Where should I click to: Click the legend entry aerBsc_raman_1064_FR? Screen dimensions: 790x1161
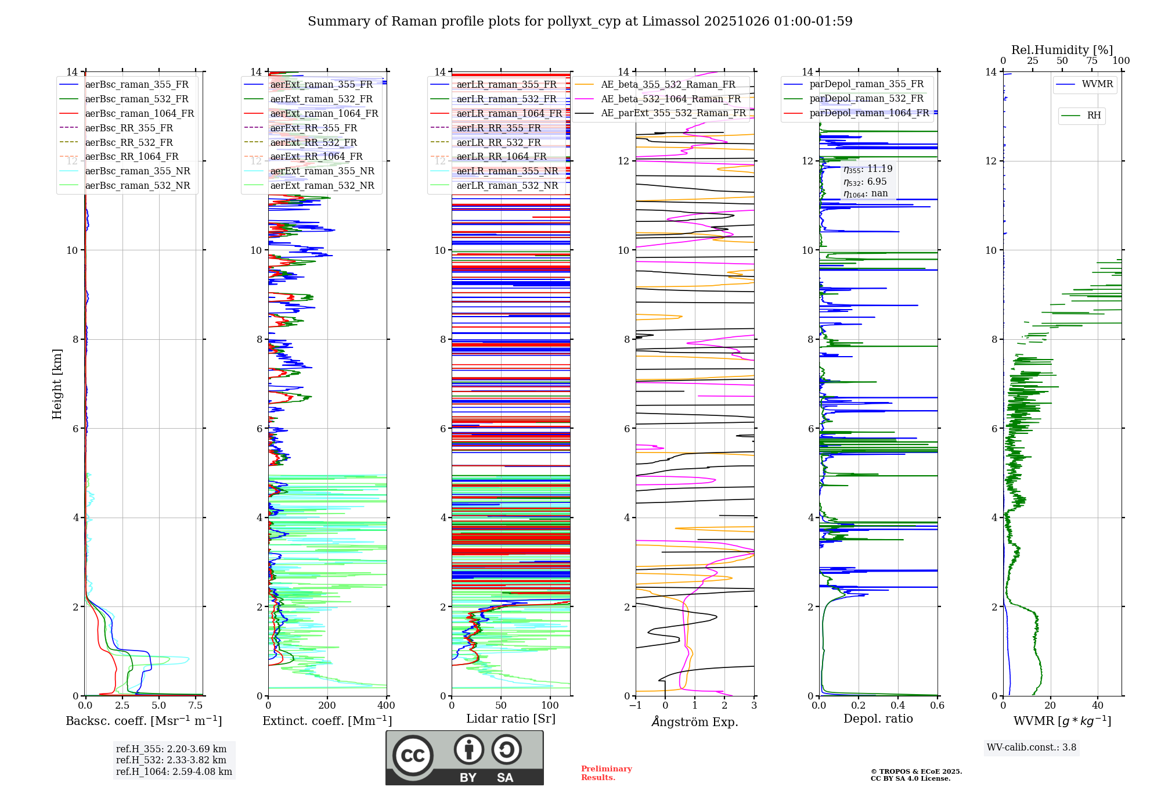tap(139, 113)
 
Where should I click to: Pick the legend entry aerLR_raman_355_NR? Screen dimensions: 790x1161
tap(507, 171)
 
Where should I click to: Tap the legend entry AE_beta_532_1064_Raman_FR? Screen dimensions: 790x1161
tap(670, 99)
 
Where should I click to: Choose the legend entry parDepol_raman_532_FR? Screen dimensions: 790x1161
tap(866, 98)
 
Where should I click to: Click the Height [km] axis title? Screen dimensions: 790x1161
tap(57, 384)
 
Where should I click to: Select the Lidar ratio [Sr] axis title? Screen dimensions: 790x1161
tap(511, 719)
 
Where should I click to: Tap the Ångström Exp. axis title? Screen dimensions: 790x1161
tap(695, 721)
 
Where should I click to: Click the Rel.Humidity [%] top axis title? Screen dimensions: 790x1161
tap(1062, 50)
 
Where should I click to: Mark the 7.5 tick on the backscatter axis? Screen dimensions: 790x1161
tap(196, 705)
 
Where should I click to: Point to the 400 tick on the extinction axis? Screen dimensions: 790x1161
tap(387, 705)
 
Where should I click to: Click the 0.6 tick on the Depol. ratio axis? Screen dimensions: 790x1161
tap(938, 705)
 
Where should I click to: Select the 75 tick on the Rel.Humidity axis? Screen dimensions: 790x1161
tap(1092, 61)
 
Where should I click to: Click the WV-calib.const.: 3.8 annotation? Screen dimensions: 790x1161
tap(1032, 747)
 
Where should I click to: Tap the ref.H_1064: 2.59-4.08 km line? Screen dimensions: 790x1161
tap(174, 771)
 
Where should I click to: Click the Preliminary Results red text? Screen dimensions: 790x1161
tap(606, 773)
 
